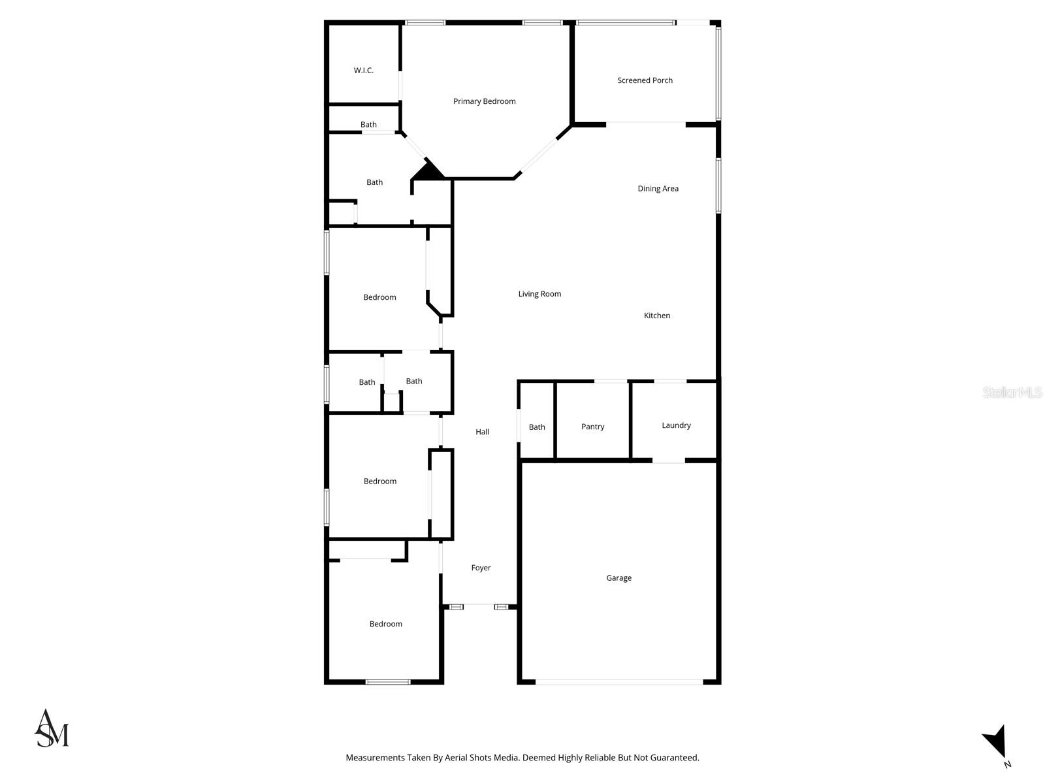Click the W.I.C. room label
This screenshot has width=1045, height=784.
click(364, 71)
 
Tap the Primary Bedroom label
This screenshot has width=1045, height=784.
click(485, 101)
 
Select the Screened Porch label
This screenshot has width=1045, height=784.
click(645, 80)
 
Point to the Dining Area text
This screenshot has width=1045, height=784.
click(658, 189)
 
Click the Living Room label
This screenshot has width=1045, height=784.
click(539, 294)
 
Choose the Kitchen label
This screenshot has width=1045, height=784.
click(657, 316)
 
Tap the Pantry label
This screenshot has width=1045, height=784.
click(592, 427)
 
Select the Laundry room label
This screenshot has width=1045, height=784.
click(676, 425)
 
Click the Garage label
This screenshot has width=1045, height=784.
click(619, 578)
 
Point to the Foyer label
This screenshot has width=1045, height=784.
click(481, 568)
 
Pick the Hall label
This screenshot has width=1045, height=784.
click(482, 432)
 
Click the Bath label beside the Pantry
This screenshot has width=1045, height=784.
click(537, 427)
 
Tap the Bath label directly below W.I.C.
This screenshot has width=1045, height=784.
click(368, 125)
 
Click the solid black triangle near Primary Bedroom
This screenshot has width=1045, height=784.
click(429, 172)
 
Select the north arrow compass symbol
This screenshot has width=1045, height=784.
click(996, 743)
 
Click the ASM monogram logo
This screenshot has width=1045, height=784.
click(52, 728)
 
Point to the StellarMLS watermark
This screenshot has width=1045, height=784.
click(1012, 392)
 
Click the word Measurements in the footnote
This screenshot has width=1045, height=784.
click(376, 758)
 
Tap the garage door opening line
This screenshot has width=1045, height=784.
click(619, 682)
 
